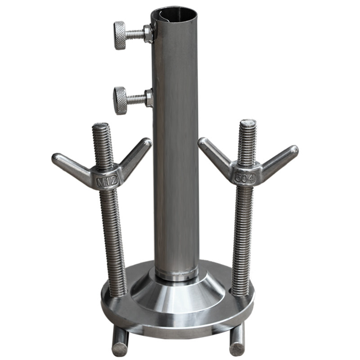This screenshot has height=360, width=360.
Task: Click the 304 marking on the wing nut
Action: coord(244,177)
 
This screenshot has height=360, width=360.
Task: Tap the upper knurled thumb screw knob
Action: coord(120,35)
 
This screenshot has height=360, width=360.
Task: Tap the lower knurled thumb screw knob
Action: coord(120,100)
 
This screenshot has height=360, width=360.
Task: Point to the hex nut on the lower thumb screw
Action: coord(149,98)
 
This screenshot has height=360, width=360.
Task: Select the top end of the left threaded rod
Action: coord(100,126)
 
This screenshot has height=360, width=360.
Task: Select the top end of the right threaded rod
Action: coord(247,122)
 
